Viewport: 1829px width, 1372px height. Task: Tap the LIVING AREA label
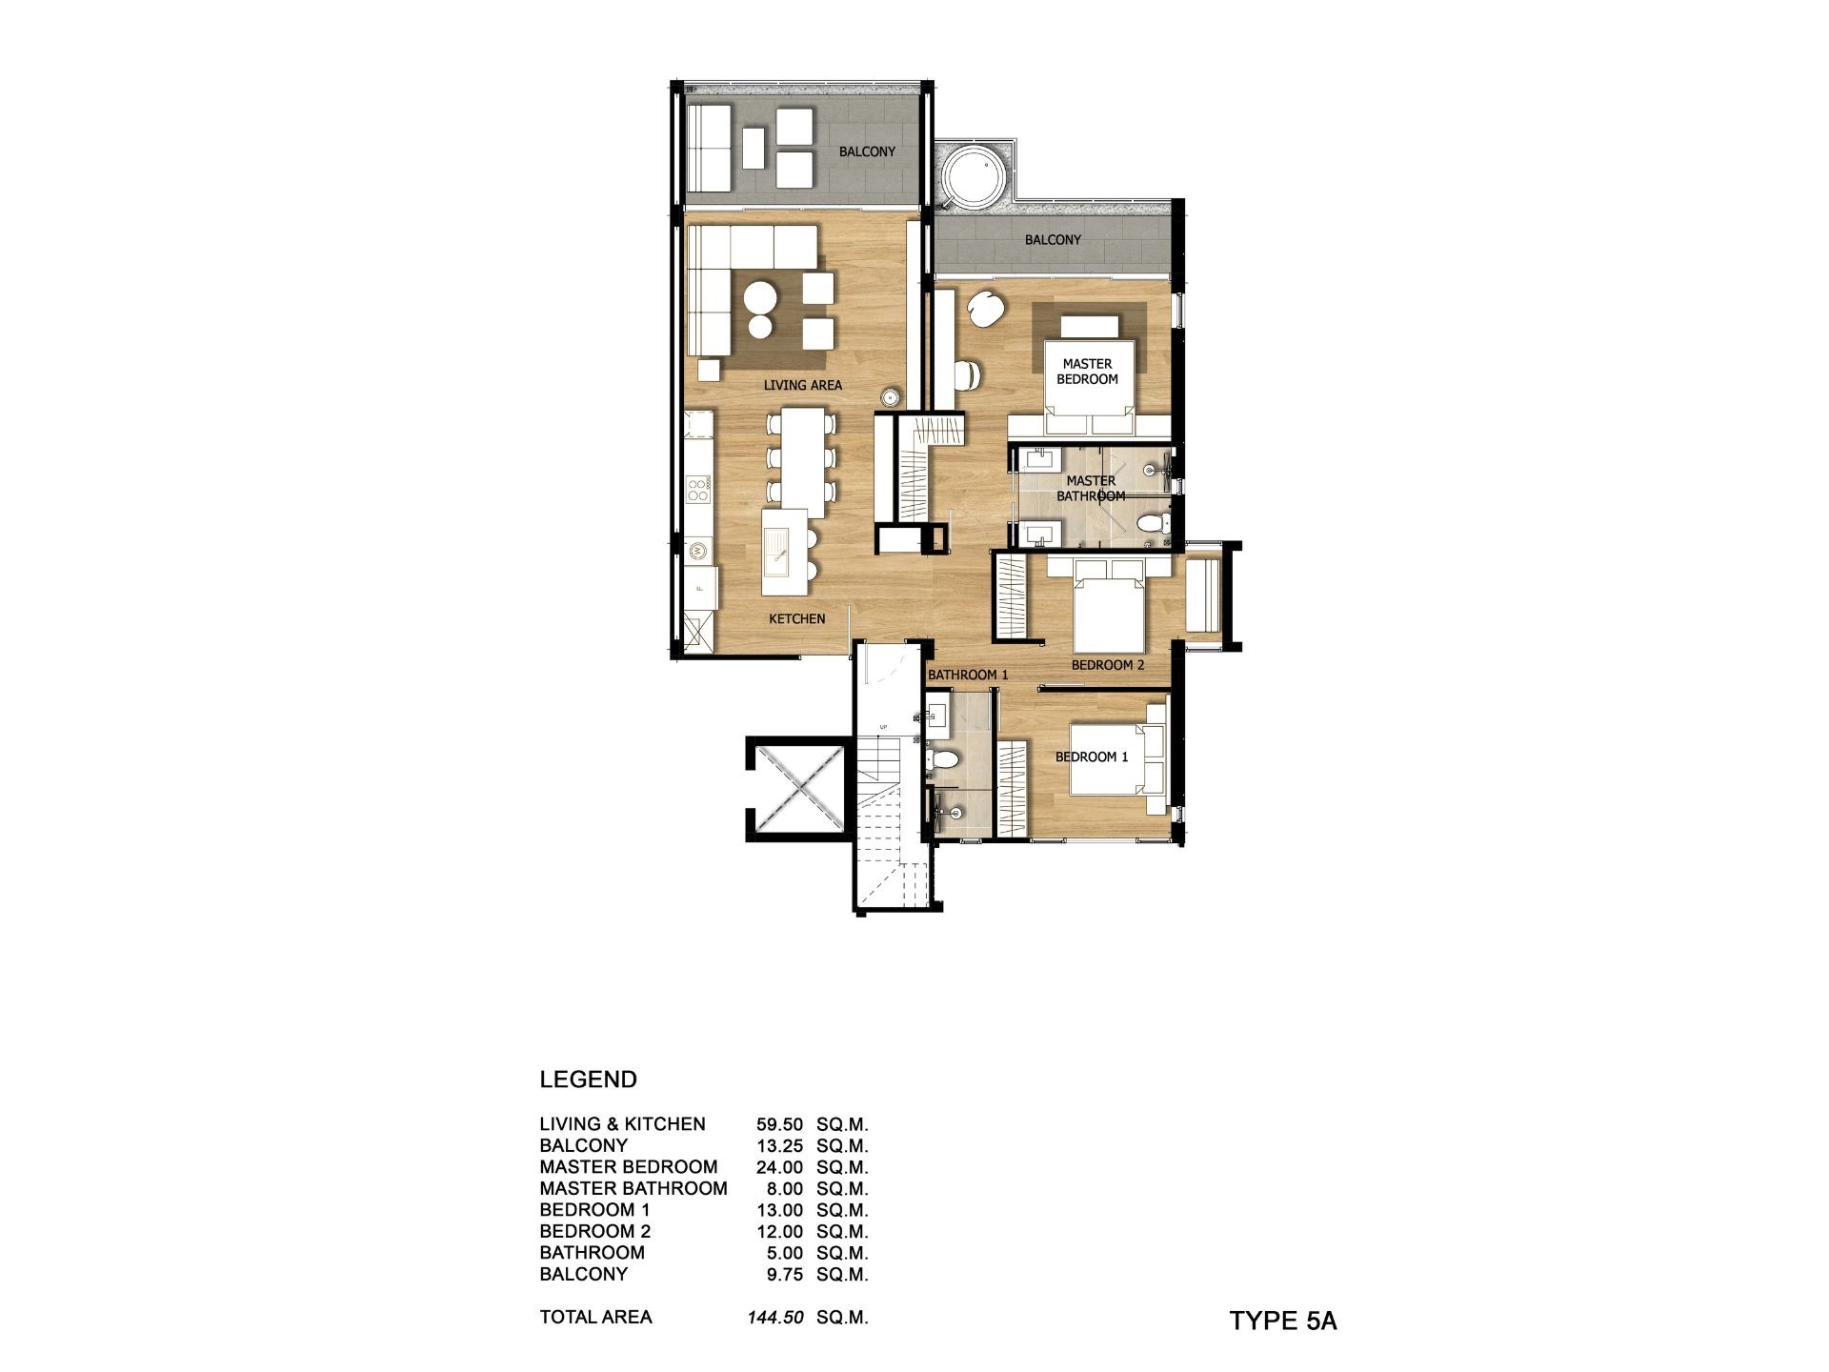click(803, 386)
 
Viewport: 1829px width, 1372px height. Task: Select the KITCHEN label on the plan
click(797, 619)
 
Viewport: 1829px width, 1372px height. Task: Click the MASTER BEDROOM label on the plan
click(1087, 372)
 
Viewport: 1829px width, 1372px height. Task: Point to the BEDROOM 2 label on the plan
click(1108, 665)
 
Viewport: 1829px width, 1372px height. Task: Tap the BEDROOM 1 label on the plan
click(1092, 757)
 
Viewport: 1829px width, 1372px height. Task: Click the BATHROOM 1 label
click(968, 675)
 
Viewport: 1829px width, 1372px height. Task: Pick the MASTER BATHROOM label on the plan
click(1091, 489)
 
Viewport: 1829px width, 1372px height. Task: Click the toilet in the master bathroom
click(1150, 523)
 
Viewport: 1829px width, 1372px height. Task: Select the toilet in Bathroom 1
click(944, 760)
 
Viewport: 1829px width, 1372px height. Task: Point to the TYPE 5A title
click(1283, 1322)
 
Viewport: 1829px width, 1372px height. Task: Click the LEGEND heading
click(588, 1079)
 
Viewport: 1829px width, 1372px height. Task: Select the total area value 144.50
click(775, 1318)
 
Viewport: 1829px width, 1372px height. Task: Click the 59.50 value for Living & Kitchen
click(779, 1124)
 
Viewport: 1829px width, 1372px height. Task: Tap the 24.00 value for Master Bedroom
click(779, 1167)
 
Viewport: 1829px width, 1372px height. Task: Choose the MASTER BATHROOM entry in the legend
click(633, 1189)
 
